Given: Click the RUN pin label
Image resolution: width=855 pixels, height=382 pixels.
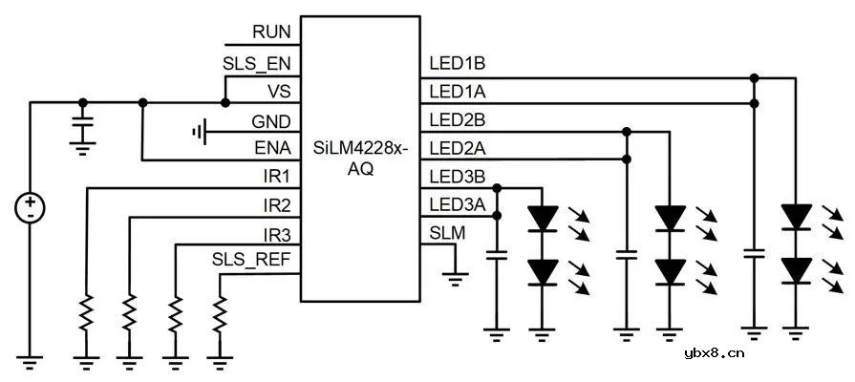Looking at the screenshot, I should [271, 32].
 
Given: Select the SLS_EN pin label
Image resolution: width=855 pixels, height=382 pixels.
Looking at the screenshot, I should [256, 63].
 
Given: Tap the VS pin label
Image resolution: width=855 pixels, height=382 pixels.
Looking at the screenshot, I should [278, 93].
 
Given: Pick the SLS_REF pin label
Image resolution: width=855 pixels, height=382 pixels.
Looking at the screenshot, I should [251, 260].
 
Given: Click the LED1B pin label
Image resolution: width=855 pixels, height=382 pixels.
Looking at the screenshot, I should [458, 64].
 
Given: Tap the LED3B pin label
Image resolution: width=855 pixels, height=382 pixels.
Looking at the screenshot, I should [458, 177].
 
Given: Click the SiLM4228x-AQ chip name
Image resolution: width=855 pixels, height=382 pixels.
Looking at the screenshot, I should [360, 159].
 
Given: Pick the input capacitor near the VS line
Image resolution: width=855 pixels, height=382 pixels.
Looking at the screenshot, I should [83, 124].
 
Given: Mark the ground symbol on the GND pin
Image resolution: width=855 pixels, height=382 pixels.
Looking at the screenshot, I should [199, 132].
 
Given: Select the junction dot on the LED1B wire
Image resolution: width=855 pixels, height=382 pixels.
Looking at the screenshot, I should [755, 77].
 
